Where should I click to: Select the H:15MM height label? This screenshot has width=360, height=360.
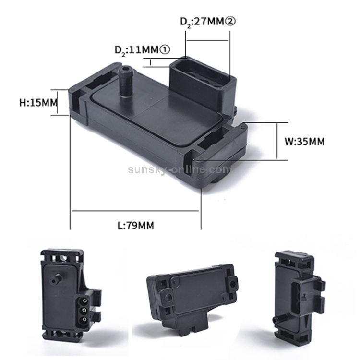click(37, 102)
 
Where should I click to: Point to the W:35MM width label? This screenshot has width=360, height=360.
click(304, 142)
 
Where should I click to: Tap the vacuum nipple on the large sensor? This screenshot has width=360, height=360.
click(125, 82)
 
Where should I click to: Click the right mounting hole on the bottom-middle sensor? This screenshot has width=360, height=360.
click(233, 284)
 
